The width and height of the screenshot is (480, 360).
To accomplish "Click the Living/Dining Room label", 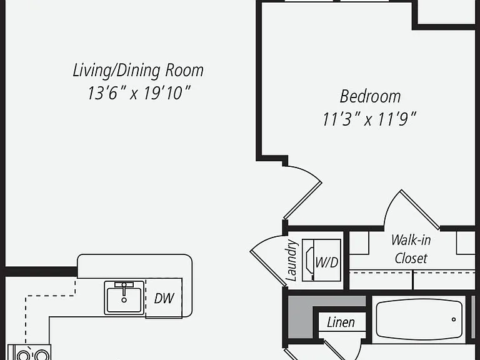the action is point(138,71).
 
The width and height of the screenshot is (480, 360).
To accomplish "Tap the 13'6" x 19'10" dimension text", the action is point(139,92).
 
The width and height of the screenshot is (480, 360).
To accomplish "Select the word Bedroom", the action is point(370,96).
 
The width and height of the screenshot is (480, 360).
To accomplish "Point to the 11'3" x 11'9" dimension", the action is point(369,119).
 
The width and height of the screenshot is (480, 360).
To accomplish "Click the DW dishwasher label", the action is point(164,298).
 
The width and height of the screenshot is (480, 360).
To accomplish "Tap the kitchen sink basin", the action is point(124,300).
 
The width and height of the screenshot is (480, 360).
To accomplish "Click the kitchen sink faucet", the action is point(124,289).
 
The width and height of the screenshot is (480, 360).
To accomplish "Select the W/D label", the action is point(327,262).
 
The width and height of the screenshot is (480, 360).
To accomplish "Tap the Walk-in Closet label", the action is point(411,249).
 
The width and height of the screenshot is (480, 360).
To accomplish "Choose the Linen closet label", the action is point(341,322).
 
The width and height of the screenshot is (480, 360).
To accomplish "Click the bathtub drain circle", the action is point(454,319).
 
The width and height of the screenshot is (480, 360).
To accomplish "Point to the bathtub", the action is point(419,319).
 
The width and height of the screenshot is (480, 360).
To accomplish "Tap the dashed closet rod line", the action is point(412,271).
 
